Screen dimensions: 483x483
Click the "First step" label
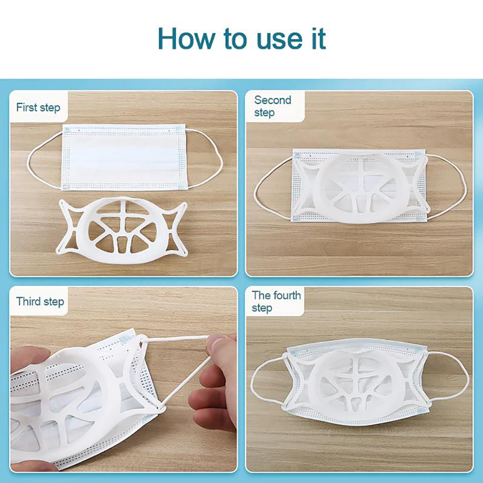38,108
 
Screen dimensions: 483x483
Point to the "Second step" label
273,106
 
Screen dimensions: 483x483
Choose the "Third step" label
40,302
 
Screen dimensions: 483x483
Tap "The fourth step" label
276,301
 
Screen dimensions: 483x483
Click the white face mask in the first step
124,158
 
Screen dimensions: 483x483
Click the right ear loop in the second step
465,188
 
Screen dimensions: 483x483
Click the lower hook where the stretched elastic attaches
161,408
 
